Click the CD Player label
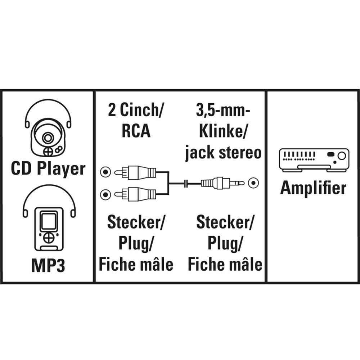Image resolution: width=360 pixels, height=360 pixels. click(48, 168)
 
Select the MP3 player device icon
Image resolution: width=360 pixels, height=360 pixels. click(49, 229)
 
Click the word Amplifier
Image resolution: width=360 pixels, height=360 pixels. click(313, 188)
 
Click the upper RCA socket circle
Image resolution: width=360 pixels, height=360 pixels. click(105, 173)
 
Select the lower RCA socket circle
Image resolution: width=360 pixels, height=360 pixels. click(105, 195)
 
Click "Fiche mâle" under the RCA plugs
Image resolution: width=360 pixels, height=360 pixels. click(136, 265)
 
